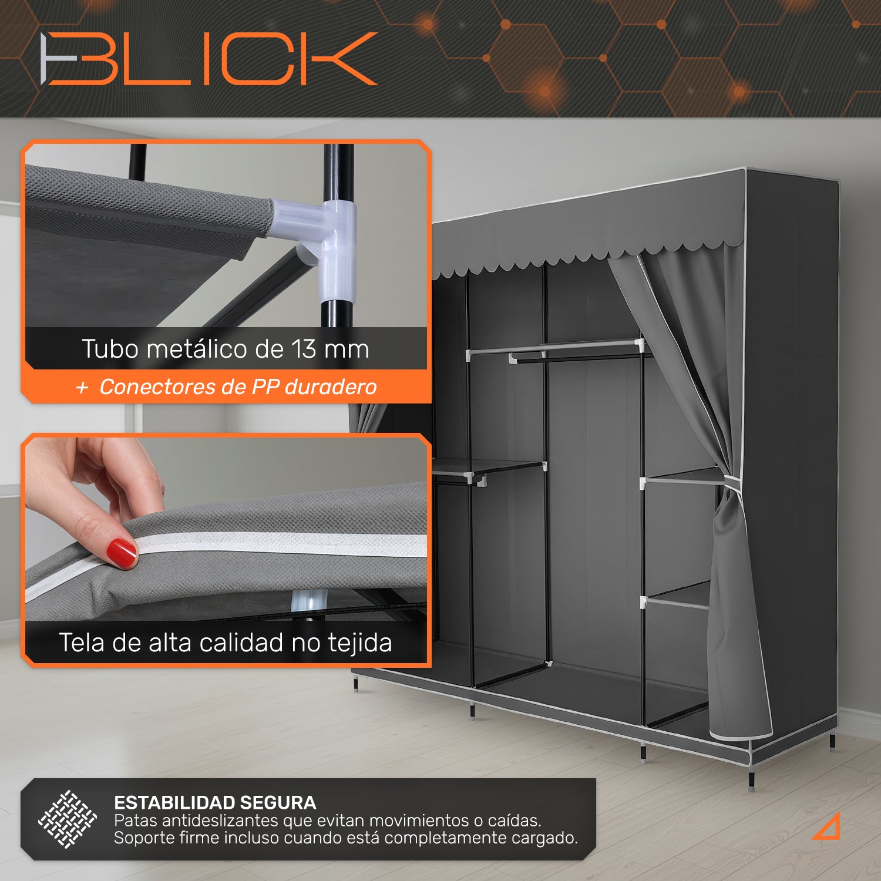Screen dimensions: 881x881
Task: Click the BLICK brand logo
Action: [x=209, y=59]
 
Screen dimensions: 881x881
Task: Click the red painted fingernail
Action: [x=122, y=553]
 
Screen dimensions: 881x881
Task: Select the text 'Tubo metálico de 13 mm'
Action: [x=226, y=349]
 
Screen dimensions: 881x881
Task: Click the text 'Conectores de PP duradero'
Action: [x=238, y=387]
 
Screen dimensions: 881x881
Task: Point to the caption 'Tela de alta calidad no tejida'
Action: [x=226, y=643]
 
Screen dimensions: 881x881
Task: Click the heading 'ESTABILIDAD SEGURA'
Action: [x=215, y=802]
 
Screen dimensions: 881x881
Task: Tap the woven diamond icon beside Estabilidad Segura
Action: [x=68, y=819]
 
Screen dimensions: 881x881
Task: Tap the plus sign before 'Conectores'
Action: [x=82, y=388]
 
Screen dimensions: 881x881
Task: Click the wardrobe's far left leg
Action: [x=356, y=684]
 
